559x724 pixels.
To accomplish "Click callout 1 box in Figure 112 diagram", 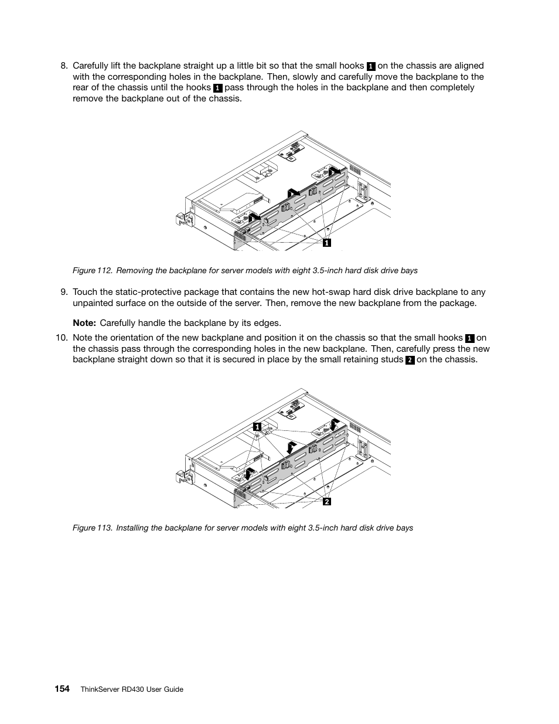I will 327,242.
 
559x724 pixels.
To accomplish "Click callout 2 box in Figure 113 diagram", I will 327,501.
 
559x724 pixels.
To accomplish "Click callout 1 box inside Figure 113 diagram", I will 257,427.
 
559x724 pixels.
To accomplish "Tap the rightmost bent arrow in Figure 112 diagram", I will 333,170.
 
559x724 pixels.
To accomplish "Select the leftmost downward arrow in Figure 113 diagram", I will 249,473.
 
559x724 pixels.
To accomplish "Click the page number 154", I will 63,689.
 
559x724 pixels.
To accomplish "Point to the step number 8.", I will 64,66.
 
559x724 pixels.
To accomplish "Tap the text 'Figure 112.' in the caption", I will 92,271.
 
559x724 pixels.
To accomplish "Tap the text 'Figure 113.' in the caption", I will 92,528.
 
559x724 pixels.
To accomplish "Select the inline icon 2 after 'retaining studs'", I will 410,360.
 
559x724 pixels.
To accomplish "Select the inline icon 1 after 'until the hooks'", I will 218,88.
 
